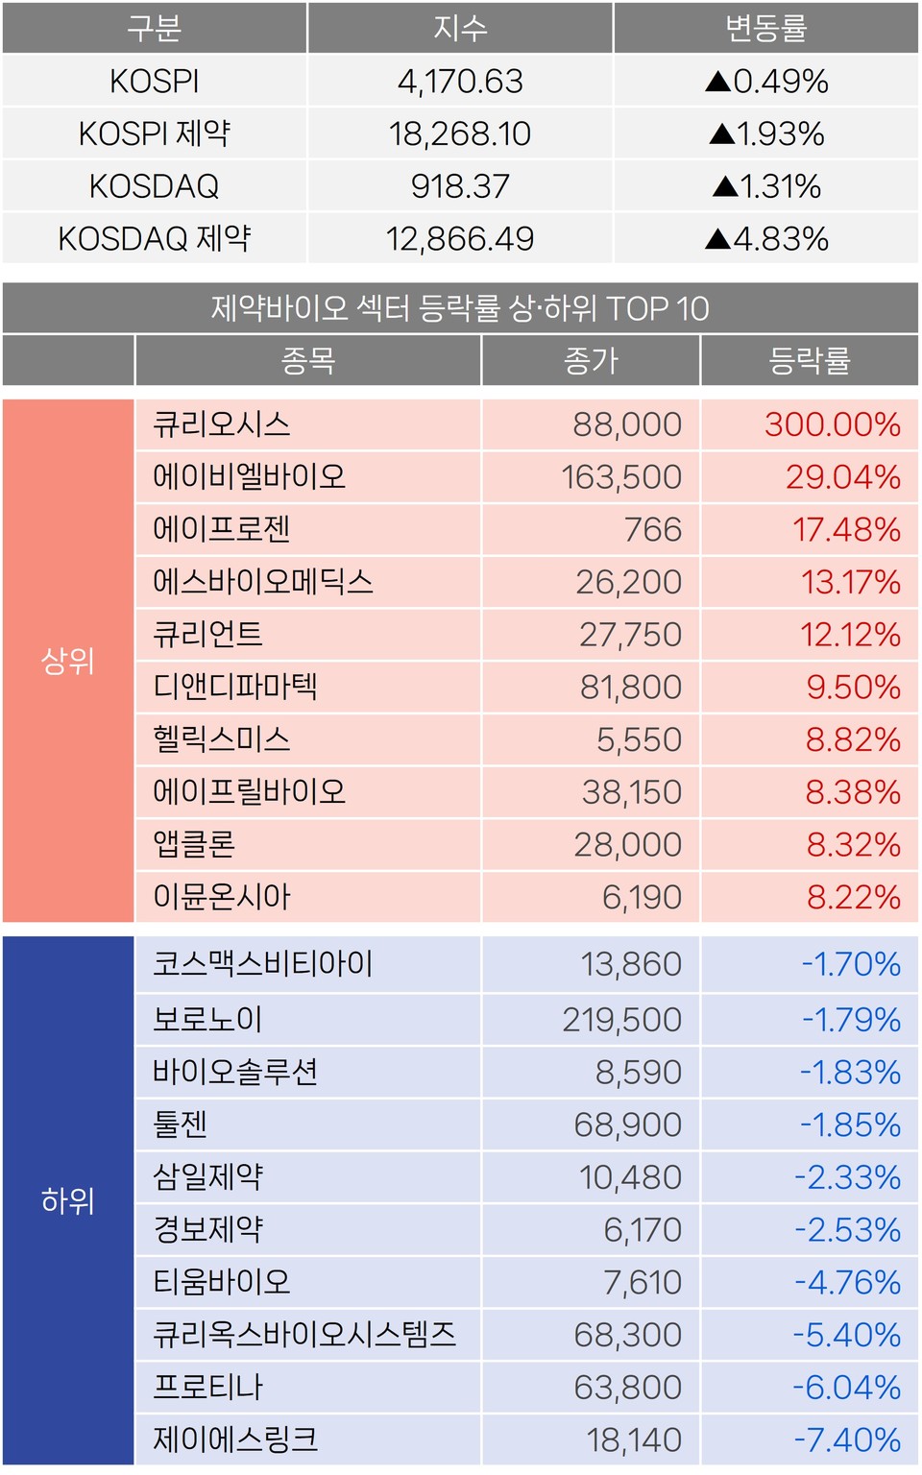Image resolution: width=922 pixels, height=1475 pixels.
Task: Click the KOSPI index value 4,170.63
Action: [460, 82]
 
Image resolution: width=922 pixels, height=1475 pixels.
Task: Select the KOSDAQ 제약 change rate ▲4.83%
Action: [766, 239]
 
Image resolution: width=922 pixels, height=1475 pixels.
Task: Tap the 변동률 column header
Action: [766, 29]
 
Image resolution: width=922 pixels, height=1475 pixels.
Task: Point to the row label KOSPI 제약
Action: [155, 133]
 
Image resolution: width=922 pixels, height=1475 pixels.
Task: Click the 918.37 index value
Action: [460, 186]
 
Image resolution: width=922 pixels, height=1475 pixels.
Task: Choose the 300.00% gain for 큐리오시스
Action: [832, 424]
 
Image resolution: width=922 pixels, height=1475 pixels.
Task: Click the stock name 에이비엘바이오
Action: [249, 476]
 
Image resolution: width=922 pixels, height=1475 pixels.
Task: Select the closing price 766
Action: [653, 529]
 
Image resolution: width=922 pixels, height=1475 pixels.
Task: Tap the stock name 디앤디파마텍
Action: [235, 687]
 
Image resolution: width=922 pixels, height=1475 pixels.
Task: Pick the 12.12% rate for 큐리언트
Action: [850, 635]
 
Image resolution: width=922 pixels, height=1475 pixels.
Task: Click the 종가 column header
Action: [591, 361]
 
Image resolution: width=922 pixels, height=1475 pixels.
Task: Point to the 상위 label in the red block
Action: [68, 661]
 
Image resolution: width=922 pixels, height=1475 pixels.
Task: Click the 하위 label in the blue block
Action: [68, 1200]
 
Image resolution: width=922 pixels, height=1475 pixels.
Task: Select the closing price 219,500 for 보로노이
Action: [621, 1020]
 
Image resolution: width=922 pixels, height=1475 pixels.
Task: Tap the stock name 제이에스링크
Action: [235, 1439]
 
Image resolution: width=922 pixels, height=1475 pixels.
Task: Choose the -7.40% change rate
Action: [847, 1439]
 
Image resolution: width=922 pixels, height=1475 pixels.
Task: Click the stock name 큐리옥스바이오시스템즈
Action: [304, 1335]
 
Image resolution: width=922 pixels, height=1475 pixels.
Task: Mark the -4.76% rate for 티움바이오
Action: [847, 1282]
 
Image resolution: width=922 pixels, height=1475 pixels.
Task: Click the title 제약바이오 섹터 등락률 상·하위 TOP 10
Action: [460, 308]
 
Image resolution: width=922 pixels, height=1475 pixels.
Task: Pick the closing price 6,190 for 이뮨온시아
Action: [642, 897]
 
